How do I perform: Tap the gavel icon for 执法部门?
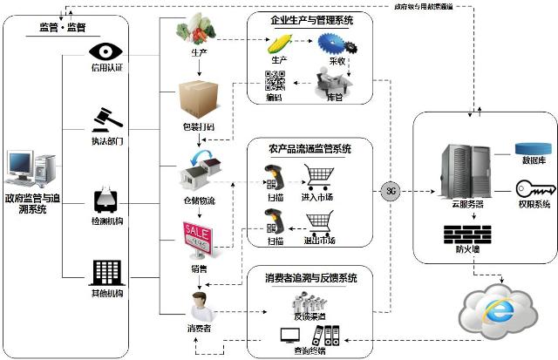(106, 117)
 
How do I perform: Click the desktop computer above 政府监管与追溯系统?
(31, 170)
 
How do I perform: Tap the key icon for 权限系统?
(530, 188)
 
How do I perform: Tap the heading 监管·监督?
(62, 27)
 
